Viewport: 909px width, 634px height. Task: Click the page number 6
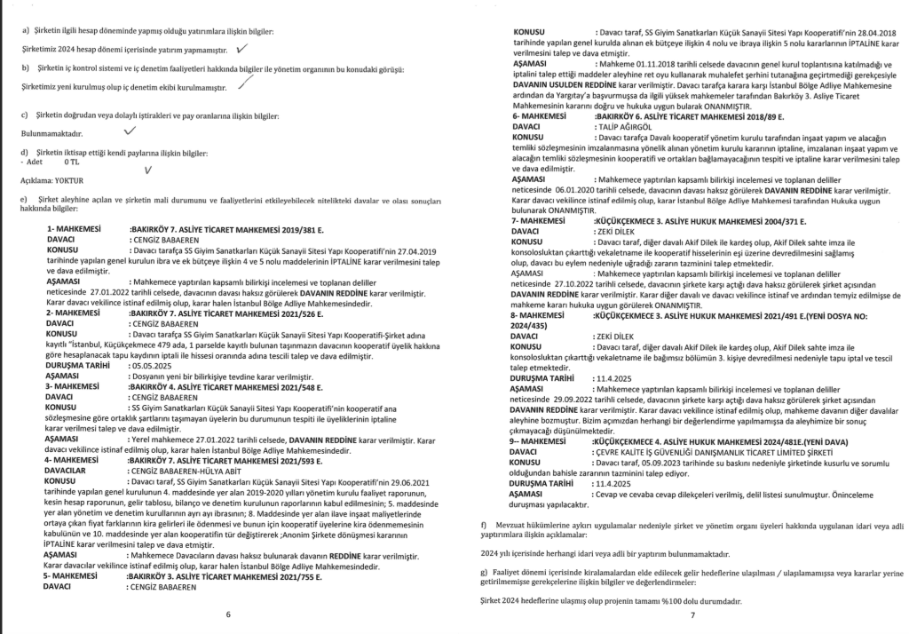(228, 614)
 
